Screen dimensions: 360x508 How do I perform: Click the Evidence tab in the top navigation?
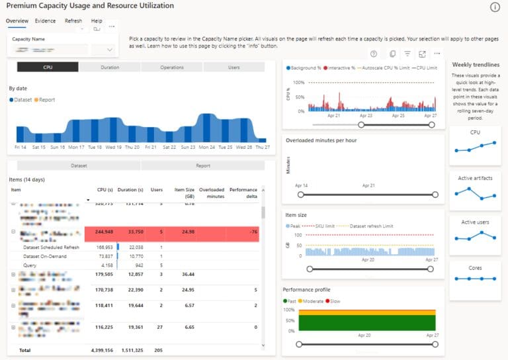(45, 21)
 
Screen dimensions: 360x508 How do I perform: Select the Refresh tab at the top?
(73, 21)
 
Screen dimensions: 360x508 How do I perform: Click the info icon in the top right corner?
(495, 7)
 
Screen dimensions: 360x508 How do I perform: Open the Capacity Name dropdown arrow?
(109, 50)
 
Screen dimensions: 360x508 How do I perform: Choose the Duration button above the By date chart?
(110, 67)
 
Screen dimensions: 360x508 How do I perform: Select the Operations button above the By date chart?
(172, 67)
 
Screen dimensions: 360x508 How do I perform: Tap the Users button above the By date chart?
(233, 67)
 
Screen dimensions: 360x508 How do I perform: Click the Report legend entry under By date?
(46, 100)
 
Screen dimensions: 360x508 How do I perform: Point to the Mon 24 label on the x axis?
(207, 147)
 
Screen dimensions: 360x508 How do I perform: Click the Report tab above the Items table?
(202, 166)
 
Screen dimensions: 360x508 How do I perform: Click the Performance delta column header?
(243, 193)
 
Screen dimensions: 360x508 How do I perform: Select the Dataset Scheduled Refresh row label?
(51, 247)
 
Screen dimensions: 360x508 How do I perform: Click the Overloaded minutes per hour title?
(321, 140)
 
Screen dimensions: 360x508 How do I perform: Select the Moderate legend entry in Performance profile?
(314, 301)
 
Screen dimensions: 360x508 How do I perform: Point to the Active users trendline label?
(474, 222)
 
